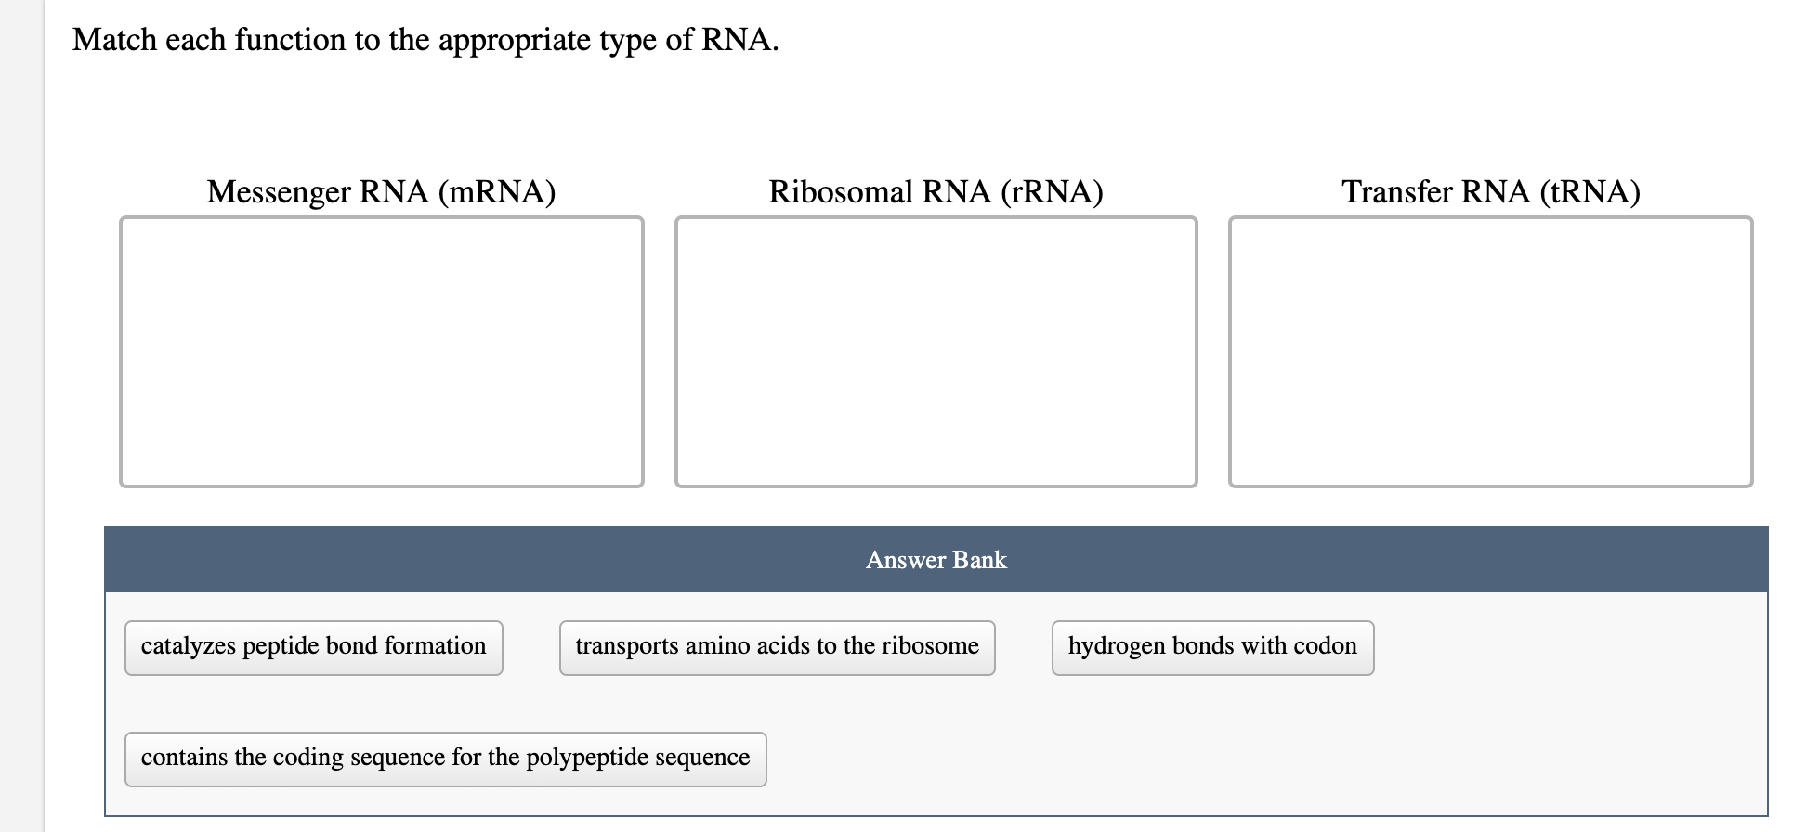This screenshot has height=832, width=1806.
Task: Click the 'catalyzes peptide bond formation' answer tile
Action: coord(313,647)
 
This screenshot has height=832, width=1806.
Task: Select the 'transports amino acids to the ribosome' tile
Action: coord(777,647)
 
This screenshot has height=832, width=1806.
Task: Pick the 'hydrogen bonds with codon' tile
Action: coord(1212,647)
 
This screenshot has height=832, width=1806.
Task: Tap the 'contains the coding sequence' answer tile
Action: coord(445,759)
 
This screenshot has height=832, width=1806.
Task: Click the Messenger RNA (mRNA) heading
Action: coord(381,191)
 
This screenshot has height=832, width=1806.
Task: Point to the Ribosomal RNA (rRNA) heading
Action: coord(936,191)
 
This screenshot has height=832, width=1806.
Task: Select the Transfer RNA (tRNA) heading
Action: coord(1490,191)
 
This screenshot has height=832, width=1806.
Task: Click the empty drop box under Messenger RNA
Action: coord(381,351)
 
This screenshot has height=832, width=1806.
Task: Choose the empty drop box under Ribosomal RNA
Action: coord(936,351)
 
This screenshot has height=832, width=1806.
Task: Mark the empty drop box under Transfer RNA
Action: coord(1490,351)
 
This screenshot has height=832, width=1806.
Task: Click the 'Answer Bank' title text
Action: coord(936,560)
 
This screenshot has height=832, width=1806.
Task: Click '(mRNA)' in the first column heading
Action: coord(496,191)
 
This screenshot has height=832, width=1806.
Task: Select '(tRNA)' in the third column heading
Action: coord(1590,191)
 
